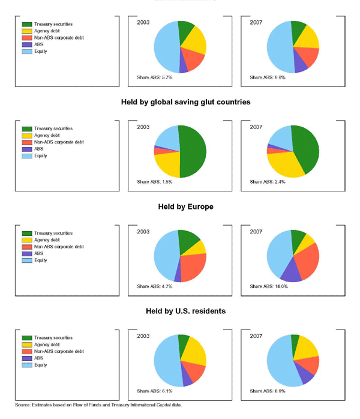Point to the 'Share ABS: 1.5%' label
[x=151, y=181]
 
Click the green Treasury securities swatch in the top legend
[x=27, y=24]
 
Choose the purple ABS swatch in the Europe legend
[x=27, y=253]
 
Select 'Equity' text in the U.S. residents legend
[x=41, y=365]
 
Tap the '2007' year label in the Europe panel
[x=256, y=232]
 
